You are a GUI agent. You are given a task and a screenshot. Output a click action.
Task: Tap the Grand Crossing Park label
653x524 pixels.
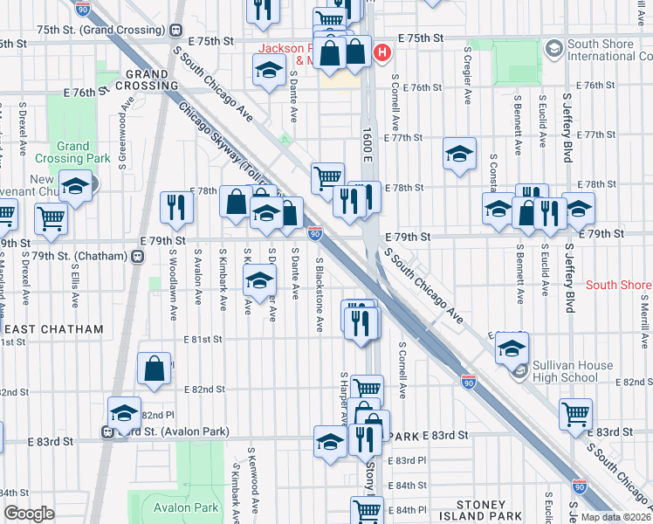pyautogui.click(x=73, y=152)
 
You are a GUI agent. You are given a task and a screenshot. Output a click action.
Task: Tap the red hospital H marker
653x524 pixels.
pyautogui.click(x=381, y=53)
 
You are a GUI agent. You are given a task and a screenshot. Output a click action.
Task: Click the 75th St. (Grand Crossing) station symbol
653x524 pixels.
pyautogui.click(x=178, y=28)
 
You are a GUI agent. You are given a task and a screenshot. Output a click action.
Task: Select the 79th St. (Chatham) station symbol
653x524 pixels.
pyautogui.click(x=137, y=257)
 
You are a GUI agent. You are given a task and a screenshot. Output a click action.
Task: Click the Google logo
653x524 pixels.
pyautogui.click(x=29, y=514)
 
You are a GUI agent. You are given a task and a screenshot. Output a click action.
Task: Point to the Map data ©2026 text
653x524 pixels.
pyautogui.click(x=615, y=517)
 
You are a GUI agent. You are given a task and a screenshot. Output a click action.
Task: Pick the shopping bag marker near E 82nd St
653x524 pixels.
pyautogui.click(x=154, y=369)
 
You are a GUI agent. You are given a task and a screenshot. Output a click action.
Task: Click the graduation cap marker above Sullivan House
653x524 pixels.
pyautogui.click(x=512, y=348)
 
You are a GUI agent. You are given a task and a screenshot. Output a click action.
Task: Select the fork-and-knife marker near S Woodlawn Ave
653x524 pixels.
pyautogui.click(x=177, y=207)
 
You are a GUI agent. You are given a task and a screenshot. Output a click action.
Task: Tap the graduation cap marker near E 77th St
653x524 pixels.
pyautogui.click(x=459, y=154)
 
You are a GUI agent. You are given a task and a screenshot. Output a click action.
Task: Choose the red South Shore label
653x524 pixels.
pyautogui.click(x=618, y=285)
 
